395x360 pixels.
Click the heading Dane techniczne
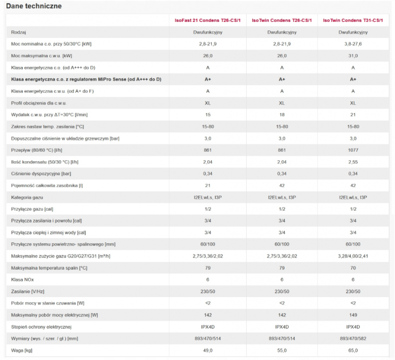34,6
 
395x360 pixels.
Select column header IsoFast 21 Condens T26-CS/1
208,20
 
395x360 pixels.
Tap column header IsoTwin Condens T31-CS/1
353,20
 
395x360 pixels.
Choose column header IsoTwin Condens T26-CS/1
282,20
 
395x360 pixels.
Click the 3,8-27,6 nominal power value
353,44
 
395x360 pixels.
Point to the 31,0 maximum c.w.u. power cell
353,56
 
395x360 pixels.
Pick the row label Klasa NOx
22,279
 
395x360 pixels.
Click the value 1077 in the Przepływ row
353,150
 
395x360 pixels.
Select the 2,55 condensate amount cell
353,162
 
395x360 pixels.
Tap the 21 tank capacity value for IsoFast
208,186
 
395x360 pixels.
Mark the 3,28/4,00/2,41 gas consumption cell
353,256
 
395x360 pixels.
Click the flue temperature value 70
353,268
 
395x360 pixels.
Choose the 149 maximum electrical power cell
353,315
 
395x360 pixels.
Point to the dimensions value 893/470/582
353,339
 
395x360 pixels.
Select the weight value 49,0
208,350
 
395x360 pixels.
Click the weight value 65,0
353,350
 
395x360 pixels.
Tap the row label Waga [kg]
22,350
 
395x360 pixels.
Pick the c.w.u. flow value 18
282,115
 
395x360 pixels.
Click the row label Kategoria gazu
27,197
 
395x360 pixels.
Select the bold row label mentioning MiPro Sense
86,80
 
